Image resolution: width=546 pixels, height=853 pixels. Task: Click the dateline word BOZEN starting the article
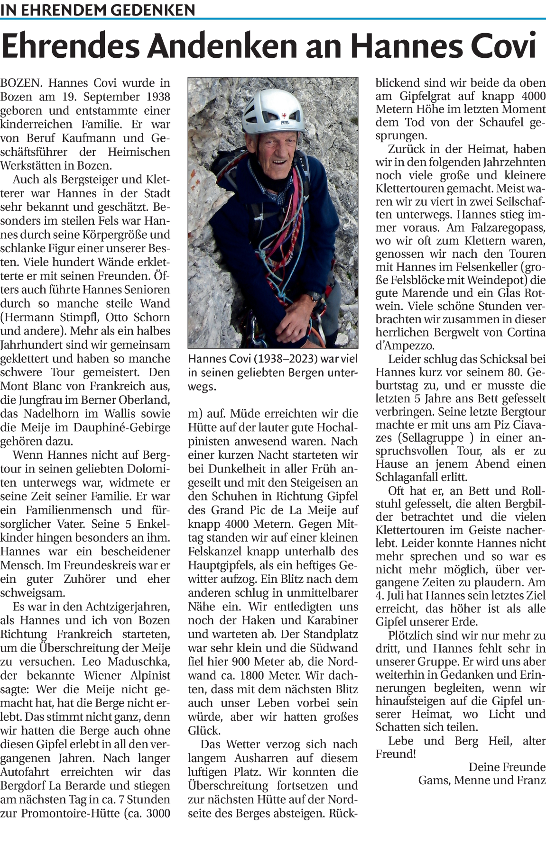[x=21, y=83]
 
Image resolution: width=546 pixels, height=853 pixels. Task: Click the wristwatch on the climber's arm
[x=315, y=297]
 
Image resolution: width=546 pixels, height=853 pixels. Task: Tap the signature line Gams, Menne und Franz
[x=481, y=780]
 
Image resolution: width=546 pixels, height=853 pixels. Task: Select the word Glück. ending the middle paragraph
[x=204, y=731]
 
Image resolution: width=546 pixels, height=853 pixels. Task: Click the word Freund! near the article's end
[x=395, y=754]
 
